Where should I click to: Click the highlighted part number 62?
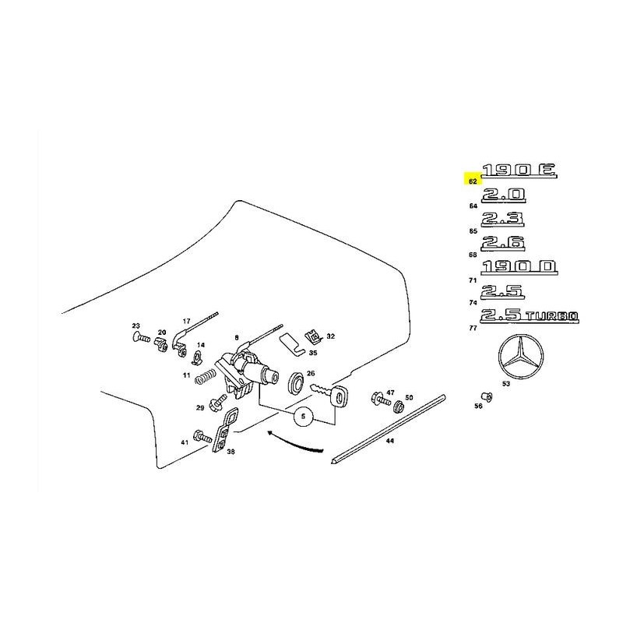(472, 181)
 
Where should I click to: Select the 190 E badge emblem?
(517, 171)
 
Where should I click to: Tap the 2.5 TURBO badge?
(530, 315)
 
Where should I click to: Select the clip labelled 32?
(313, 336)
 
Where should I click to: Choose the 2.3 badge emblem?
(502, 219)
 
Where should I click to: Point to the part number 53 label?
(505, 383)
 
